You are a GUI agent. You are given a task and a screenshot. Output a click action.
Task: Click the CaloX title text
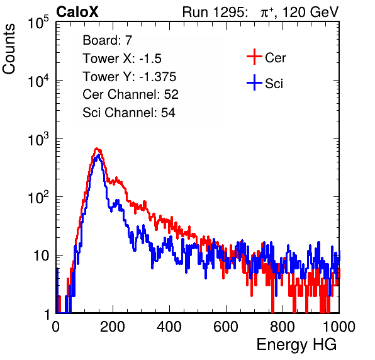(77, 12)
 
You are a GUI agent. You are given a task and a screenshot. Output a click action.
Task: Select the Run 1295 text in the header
(215, 12)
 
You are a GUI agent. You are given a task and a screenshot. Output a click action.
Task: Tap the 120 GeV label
(310, 12)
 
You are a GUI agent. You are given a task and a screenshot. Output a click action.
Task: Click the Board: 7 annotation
(108, 40)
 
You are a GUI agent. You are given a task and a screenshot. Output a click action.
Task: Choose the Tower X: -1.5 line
(122, 58)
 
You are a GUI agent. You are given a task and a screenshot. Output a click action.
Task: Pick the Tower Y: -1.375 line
(130, 76)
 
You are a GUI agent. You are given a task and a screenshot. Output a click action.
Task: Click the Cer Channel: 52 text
(131, 94)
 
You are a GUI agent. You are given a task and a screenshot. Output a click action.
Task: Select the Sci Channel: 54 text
(129, 113)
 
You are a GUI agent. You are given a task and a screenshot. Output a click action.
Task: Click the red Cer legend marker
(254, 57)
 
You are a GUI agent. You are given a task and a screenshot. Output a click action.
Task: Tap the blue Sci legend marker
(254, 83)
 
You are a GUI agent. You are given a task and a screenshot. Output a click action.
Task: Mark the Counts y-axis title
(9, 49)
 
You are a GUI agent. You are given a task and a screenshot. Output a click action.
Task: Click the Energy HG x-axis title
(296, 345)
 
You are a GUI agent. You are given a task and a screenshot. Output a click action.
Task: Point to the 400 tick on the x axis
(169, 327)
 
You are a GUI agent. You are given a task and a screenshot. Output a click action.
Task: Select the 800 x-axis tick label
(283, 327)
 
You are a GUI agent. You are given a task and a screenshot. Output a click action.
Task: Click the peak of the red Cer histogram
(96, 149)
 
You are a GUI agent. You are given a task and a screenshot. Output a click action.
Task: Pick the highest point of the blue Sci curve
(98, 155)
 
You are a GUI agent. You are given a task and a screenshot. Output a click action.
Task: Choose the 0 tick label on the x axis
(56, 327)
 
